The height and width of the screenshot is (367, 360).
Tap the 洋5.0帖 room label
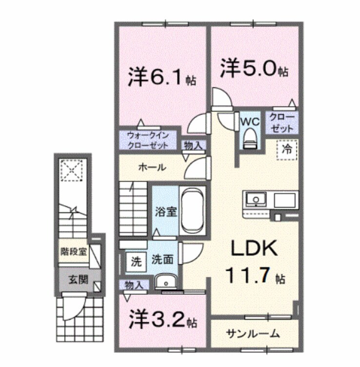[254, 68]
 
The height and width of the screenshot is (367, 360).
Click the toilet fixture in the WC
[250, 137]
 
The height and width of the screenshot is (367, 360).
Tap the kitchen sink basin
[256, 200]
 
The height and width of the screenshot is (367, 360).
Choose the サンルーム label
[253, 334]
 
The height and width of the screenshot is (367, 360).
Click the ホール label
[151, 167]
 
